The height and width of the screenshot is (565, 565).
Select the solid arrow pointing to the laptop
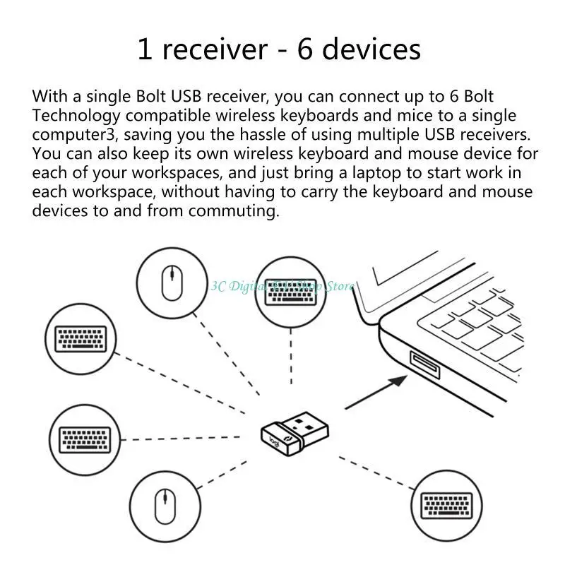click(x=377, y=391)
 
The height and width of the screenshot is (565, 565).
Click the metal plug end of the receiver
click(x=311, y=422)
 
